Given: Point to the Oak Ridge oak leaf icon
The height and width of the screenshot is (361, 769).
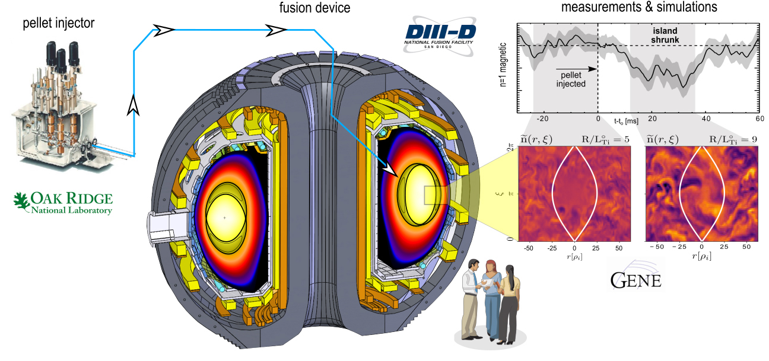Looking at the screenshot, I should coord(21,202).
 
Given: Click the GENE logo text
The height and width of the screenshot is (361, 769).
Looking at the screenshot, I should coord(635,279).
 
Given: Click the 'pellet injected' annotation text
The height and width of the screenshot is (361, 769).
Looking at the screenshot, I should coord(571,79).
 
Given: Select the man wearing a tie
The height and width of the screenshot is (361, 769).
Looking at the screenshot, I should coord(470,299).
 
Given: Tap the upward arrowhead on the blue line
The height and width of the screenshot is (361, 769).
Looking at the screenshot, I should coord(134,106).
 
